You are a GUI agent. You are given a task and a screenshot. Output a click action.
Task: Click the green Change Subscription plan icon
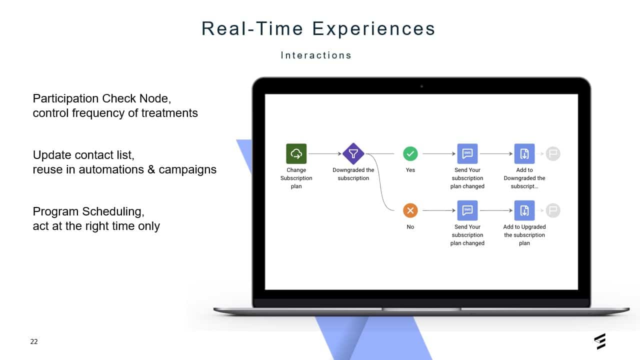tap(296, 153)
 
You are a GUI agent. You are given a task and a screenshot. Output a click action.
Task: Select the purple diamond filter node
tap(353, 153)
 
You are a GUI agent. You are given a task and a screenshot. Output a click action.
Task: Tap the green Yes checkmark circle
tap(410, 153)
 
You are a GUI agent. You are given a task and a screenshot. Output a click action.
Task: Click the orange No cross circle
tap(410, 210)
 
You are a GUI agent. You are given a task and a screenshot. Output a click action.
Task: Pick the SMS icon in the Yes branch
tap(467, 153)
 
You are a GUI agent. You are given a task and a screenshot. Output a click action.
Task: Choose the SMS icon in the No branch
tap(467, 210)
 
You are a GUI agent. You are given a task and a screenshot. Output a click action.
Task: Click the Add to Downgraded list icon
tap(524, 153)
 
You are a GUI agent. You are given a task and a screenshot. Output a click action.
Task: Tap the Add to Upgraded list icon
tap(524, 210)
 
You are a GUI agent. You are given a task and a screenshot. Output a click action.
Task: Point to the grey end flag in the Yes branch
tap(553, 153)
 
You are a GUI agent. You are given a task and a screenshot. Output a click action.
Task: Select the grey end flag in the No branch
tap(553, 210)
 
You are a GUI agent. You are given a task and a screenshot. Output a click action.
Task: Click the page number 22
tap(34, 341)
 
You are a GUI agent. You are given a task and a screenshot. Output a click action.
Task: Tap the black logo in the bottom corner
tap(600, 341)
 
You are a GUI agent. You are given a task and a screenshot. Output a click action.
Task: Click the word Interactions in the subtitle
tap(316, 55)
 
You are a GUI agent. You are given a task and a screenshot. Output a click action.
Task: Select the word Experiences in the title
tap(373, 28)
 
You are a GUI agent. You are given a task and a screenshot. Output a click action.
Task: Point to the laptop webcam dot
tap(421, 86)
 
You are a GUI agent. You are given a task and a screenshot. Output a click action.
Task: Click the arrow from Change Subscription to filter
tap(325, 153)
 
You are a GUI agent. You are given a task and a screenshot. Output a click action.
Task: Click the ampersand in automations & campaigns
tap(151, 169)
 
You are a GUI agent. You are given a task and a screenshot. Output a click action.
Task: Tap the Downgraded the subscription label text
tap(353, 174)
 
